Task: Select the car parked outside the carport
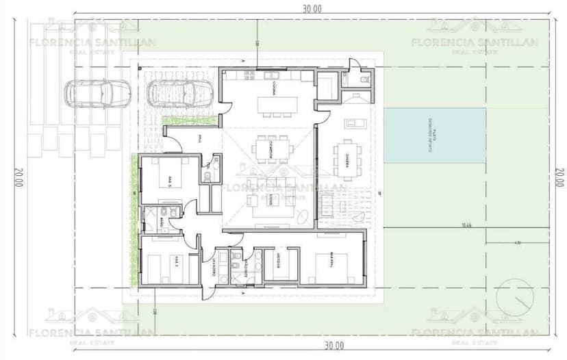[99, 93]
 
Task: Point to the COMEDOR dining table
[272, 149]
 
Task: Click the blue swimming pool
[435, 136]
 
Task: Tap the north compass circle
[515, 296]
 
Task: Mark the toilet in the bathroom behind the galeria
[363, 80]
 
